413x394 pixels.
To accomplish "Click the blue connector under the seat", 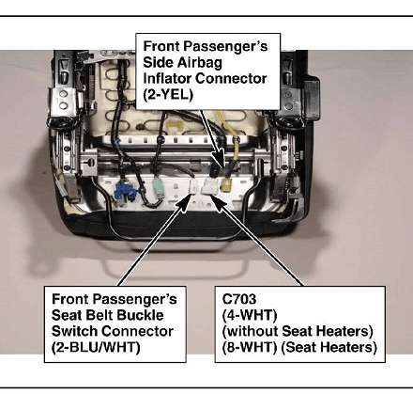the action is [126, 192].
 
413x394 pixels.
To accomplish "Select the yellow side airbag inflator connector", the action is [226, 184].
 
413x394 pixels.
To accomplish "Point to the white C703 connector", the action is [210, 186].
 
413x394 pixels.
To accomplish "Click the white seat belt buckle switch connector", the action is [194, 188].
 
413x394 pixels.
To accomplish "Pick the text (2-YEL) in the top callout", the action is [168, 94].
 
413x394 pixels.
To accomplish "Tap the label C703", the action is [239, 299].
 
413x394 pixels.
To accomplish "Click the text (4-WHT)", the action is [250, 315].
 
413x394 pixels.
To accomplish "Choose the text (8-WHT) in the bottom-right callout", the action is [250, 347].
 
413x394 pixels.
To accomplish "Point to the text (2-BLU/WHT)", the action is [96, 347].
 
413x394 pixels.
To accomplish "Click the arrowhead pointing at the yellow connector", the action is [220, 159].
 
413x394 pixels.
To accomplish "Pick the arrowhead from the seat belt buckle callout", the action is [184, 201].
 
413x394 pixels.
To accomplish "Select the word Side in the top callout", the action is [157, 62].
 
